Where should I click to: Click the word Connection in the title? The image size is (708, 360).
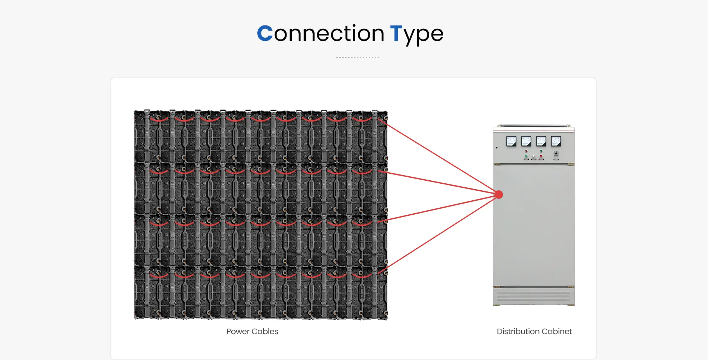pos(320,34)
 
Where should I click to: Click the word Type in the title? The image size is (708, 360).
pos(417,35)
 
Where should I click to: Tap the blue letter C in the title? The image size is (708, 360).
pos(265,34)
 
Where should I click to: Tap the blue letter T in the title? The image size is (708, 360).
pos(396,34)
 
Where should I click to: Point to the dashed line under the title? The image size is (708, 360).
pos(358,57)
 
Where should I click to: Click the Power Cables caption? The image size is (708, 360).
pos(252,331)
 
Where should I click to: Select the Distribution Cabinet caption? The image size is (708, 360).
pos(534,331)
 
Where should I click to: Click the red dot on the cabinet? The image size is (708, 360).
pos(499,194)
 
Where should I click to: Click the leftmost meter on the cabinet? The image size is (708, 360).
pos(511,141)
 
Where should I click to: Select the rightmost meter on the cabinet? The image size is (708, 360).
pos(556,141)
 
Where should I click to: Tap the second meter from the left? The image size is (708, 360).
pos(526,141)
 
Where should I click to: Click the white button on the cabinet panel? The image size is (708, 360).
pos(534,156)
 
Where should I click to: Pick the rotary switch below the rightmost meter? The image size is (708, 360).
pos(556,153)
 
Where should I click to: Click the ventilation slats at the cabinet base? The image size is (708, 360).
pos(534,296)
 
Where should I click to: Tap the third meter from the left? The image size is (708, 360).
pos(541,141)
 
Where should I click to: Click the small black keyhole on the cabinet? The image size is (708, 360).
pos(497,148)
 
